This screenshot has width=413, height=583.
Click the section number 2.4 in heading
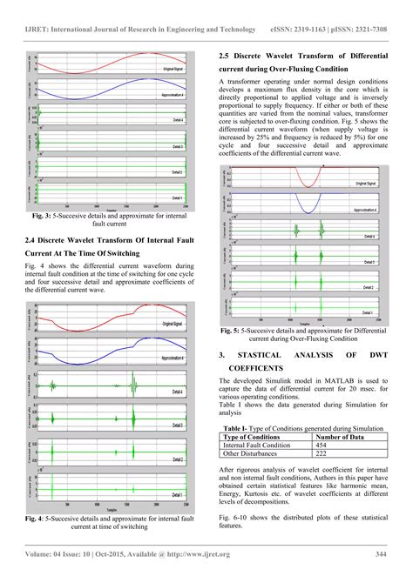click(x=33, y=238)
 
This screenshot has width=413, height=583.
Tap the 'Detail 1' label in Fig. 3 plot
click(x=177, y=198)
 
